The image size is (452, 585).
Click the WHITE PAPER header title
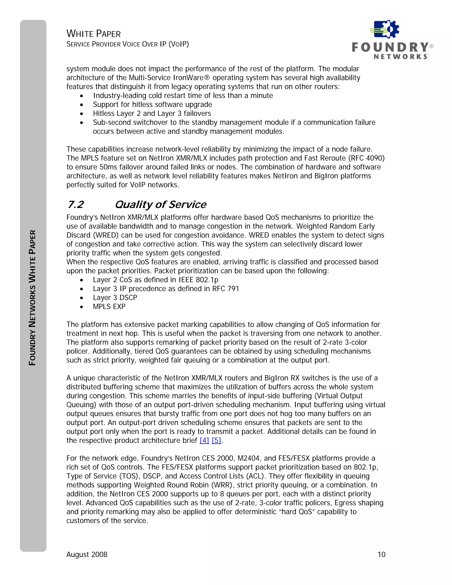coord(93,34)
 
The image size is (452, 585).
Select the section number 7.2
coord(75,205)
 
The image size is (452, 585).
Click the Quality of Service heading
coord(160,205)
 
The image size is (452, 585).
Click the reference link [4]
coord(204,441)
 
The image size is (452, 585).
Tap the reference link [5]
coord(216,441)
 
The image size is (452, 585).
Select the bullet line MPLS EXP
coord(109,307)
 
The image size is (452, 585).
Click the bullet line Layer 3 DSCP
coord(115,298)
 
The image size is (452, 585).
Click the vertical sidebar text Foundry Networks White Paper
coord(32,297)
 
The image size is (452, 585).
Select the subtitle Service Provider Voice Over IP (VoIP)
coord(128,44)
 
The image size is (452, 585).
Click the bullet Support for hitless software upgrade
coord(152,104)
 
